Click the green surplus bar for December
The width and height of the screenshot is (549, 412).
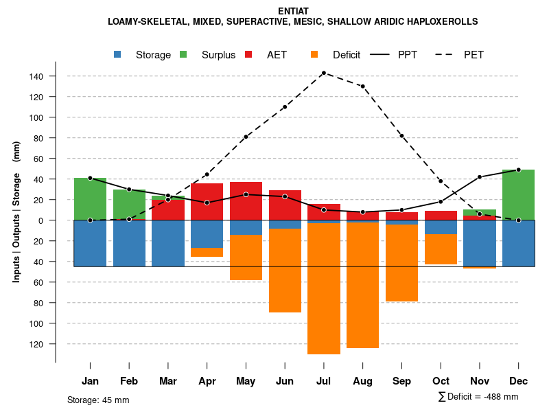point(518,195)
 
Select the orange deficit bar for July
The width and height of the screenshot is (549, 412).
point(323,288)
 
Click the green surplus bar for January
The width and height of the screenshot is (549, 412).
point(90,199)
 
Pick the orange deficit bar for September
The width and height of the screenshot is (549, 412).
point(401,263)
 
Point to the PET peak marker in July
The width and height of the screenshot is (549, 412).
point(323,73)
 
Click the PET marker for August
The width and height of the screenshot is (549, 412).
point(362,87)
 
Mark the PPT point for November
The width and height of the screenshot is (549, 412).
point(480,177)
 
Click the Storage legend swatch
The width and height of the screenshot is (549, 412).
point(118,55)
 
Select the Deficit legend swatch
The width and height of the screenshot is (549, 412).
point(314,55)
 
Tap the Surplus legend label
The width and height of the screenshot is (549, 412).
point(218,55)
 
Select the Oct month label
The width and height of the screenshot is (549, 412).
point(441,381)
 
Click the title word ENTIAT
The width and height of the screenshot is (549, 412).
point(293,11)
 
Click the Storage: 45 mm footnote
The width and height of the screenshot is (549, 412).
point(98,400)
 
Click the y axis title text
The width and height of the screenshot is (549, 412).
point(16,212)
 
